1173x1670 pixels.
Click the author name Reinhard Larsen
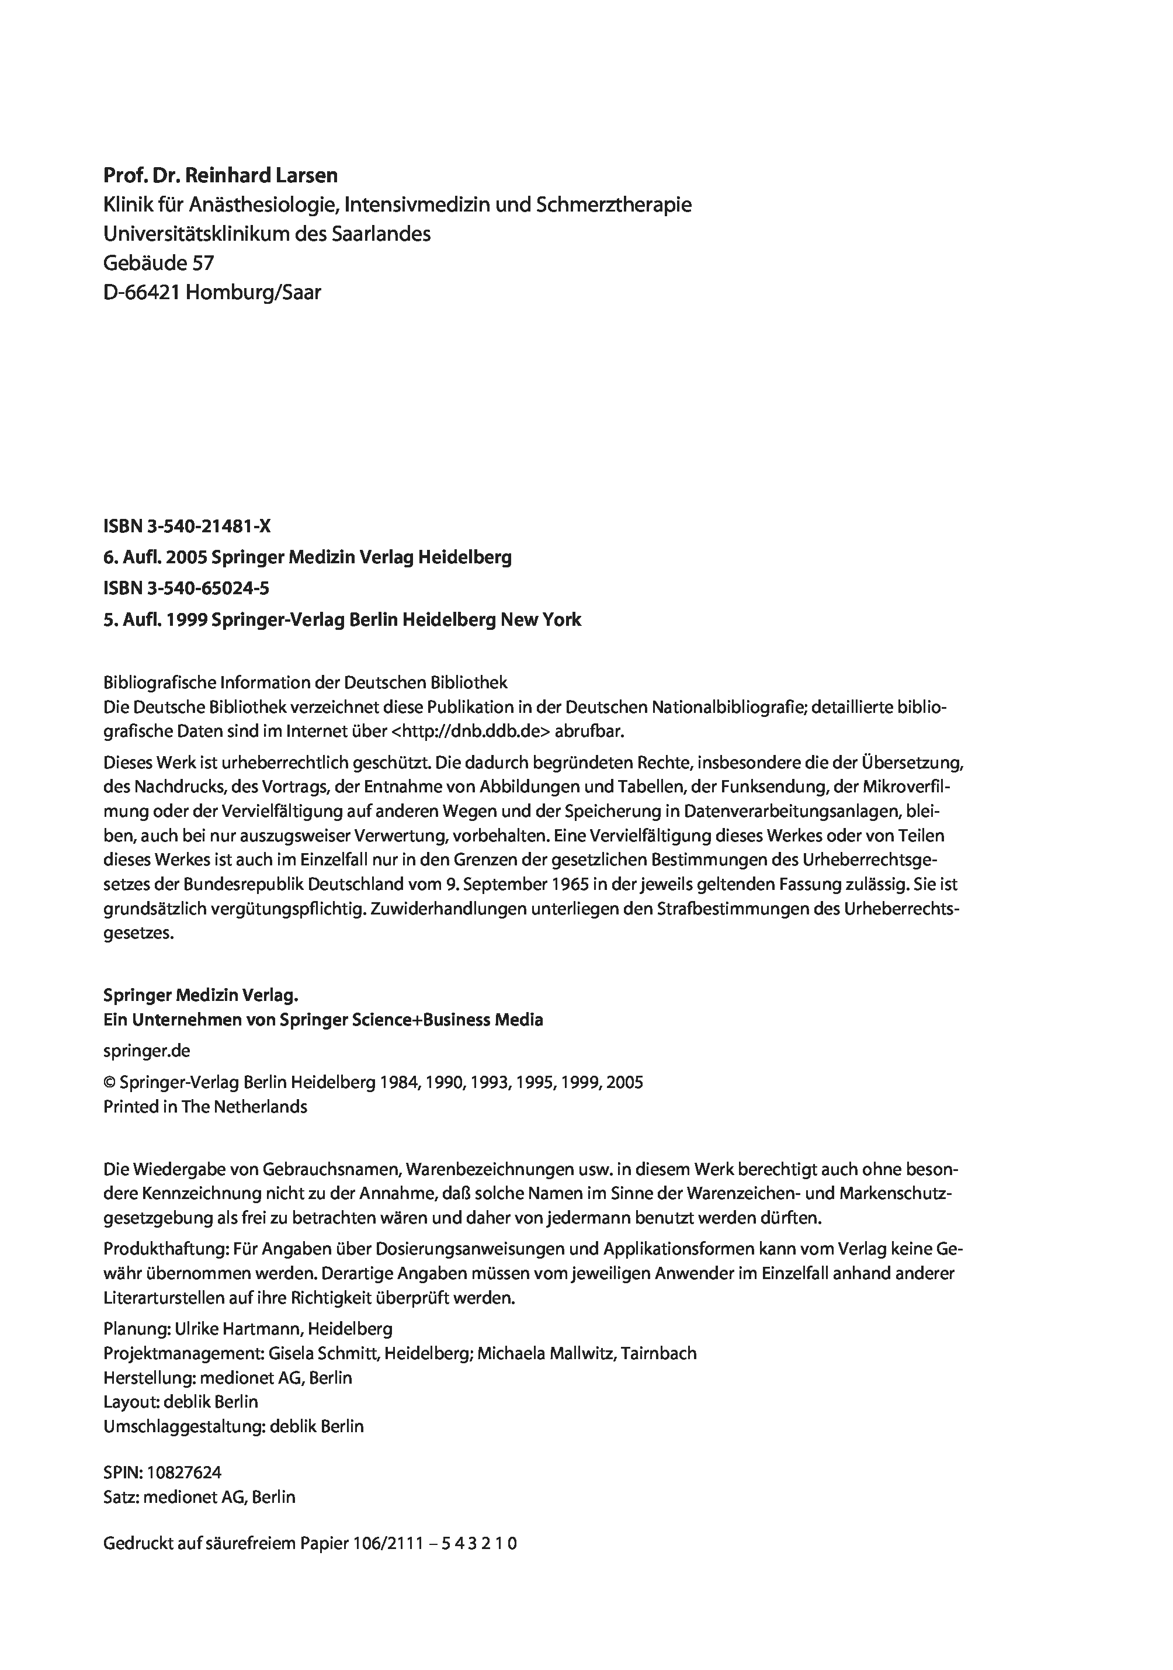coord(262,175)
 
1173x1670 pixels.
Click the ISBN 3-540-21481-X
coord(187,526)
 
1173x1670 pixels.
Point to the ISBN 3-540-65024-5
coord(186,588)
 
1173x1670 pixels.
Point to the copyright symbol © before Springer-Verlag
coord(110,1082)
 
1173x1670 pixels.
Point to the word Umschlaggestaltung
coord(182,1426)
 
